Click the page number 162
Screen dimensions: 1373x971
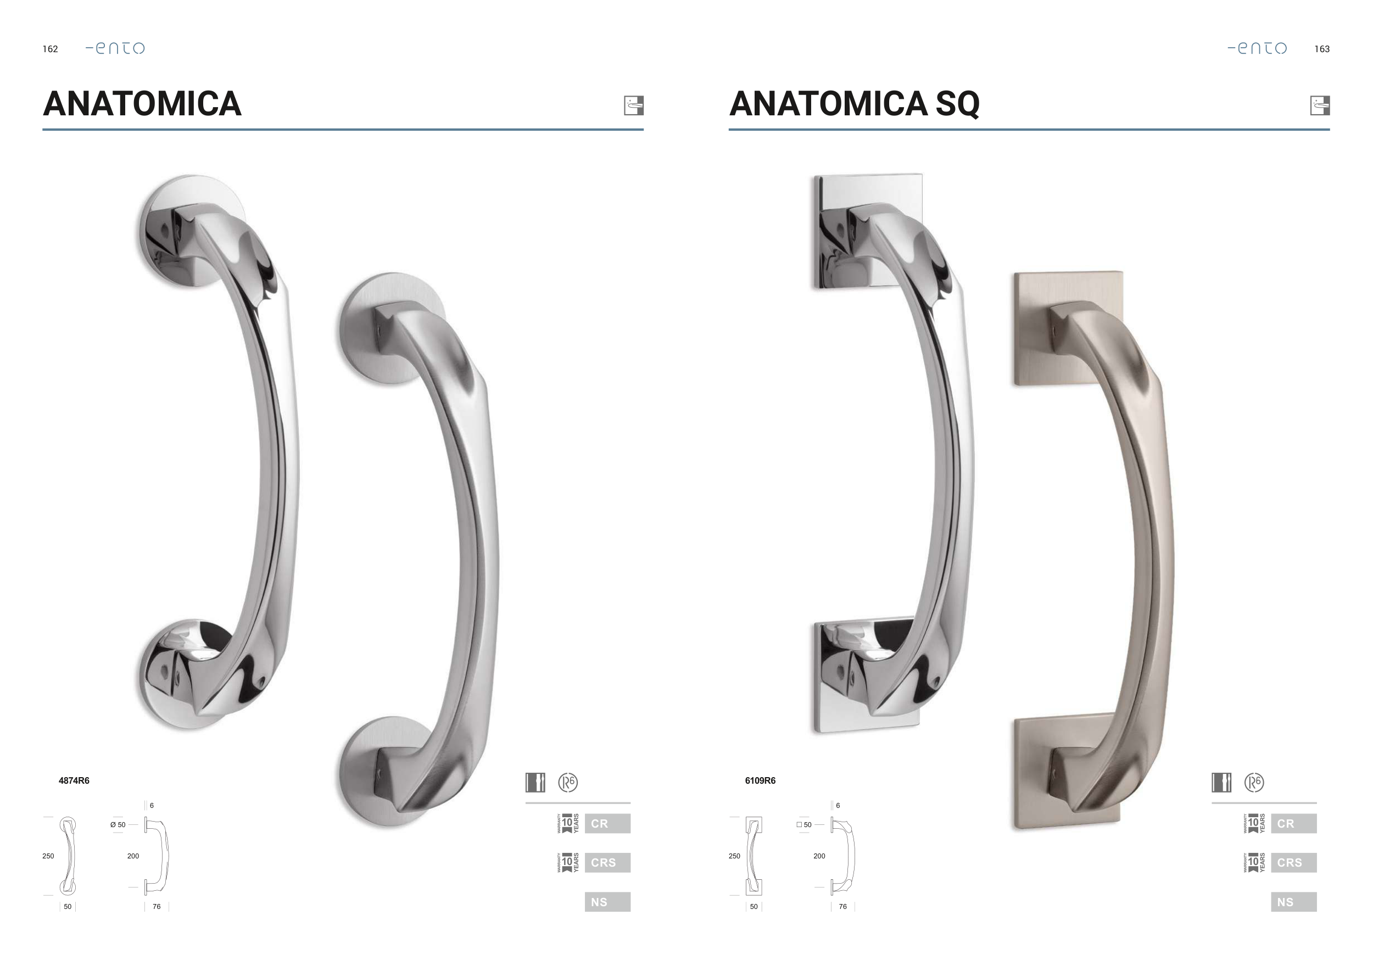tap(50, 49)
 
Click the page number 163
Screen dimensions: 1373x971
tap(1321, 49)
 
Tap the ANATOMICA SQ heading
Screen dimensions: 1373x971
tap(854, 103)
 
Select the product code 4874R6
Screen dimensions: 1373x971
tap(74, 780)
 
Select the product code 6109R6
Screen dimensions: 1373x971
tap(760, 780)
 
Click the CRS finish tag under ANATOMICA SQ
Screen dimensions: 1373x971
tap(1293, 863)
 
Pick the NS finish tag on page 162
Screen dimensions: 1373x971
tap(607, 902)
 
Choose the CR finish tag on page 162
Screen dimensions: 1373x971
tap(607, 823)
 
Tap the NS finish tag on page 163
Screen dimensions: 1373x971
tap(1293, 902)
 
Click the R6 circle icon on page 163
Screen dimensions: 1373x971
tap(1254, 782)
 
